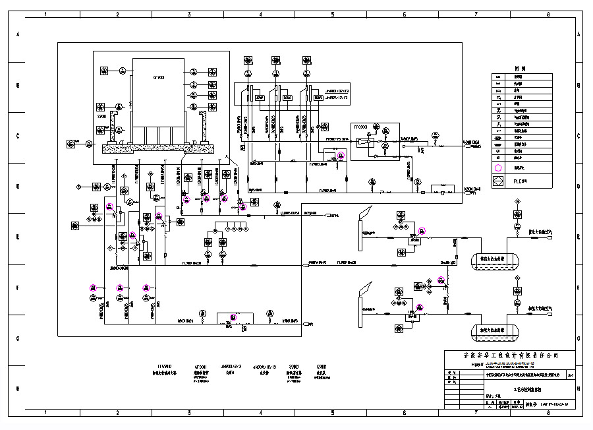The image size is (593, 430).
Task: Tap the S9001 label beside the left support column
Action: pos(102,117)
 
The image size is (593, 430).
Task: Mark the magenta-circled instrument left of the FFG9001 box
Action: pos(341,156)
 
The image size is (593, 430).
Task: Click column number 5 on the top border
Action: pos(332,13)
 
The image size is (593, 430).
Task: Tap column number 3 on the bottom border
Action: pos(189,413)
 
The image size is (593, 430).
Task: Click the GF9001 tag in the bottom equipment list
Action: pos(200,366)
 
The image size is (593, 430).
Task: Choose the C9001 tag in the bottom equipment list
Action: pos(322,366)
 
